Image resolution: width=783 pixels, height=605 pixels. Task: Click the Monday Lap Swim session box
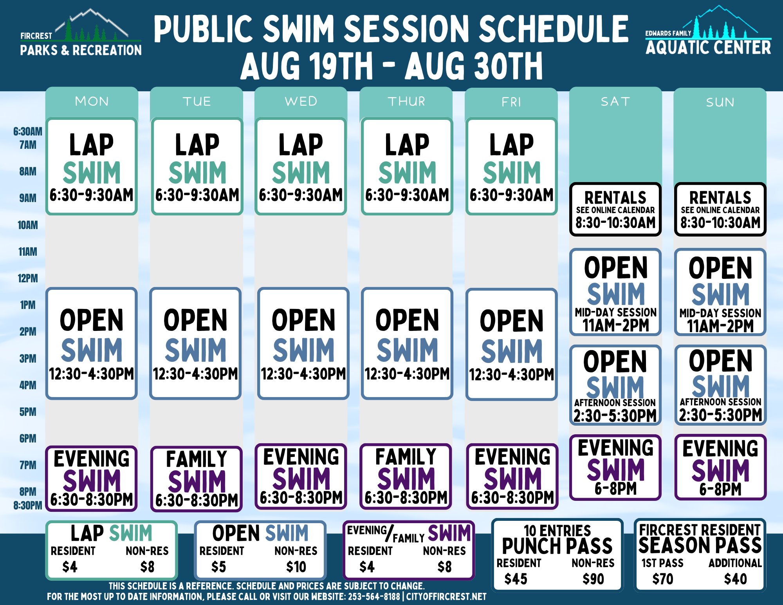point(92,166)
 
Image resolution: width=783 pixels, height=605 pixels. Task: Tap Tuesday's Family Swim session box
point(197,479)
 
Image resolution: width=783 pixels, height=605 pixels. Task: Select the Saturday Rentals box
point(615,209)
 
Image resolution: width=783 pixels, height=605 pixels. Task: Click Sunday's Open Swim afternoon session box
point(720,385)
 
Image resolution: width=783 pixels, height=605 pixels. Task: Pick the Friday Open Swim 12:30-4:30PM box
point(511,344)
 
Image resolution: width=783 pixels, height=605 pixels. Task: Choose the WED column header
point(301,101)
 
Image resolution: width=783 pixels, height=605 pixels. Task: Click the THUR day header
point(406,101)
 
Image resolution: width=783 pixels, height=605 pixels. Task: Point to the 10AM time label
point(28,225)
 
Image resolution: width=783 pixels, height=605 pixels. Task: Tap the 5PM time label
point(28,412)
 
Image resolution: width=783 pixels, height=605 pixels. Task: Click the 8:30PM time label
point(28,506)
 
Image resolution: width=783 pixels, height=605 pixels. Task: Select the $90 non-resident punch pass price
point(594,579)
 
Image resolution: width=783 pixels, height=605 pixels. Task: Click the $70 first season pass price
point(663,579)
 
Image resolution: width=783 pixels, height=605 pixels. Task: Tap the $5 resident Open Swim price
point(219,567)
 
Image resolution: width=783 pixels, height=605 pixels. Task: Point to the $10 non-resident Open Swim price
point(296,567)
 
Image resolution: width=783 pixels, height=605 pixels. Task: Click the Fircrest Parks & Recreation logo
point(81,33)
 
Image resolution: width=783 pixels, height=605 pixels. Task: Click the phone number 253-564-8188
point(374,596)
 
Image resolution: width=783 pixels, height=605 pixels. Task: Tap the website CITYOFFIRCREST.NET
point(446,596)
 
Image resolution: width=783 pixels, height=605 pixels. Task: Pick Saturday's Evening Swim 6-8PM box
point(615,468)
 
